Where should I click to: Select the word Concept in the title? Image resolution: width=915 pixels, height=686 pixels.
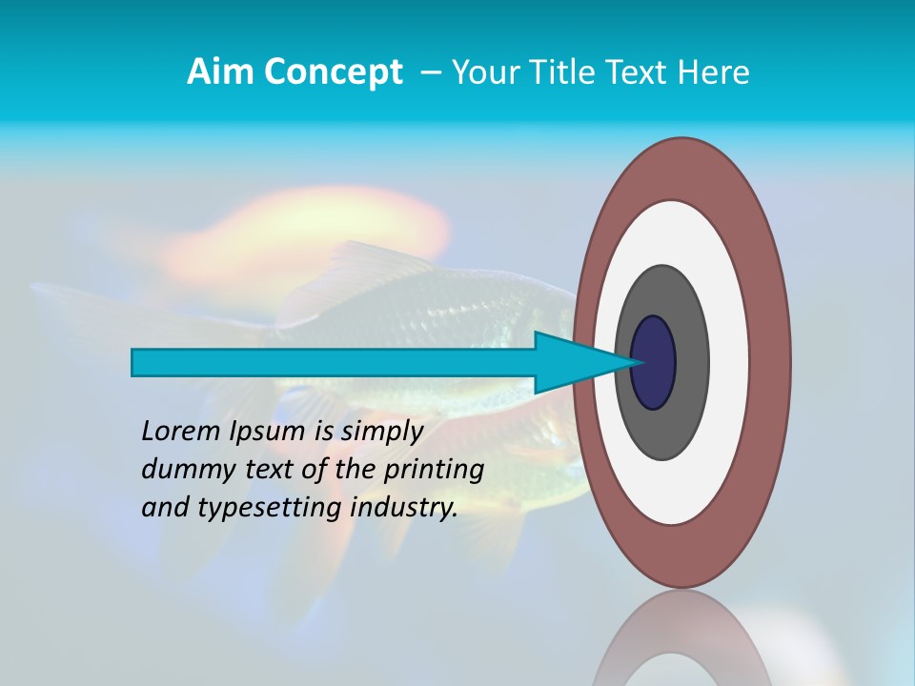(x=333, y=72)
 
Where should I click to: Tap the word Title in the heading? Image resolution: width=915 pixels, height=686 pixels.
(x=566, y=72)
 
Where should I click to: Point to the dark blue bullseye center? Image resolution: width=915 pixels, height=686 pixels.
(x=654, y=362)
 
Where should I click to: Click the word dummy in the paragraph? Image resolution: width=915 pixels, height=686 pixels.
(x=186, y=470)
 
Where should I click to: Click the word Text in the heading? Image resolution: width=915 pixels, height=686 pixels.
(x=641, y=72)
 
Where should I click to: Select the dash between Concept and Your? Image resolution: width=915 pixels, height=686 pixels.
(x=429, y=72)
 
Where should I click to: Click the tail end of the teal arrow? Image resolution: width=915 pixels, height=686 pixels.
(x=134, y=362)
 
